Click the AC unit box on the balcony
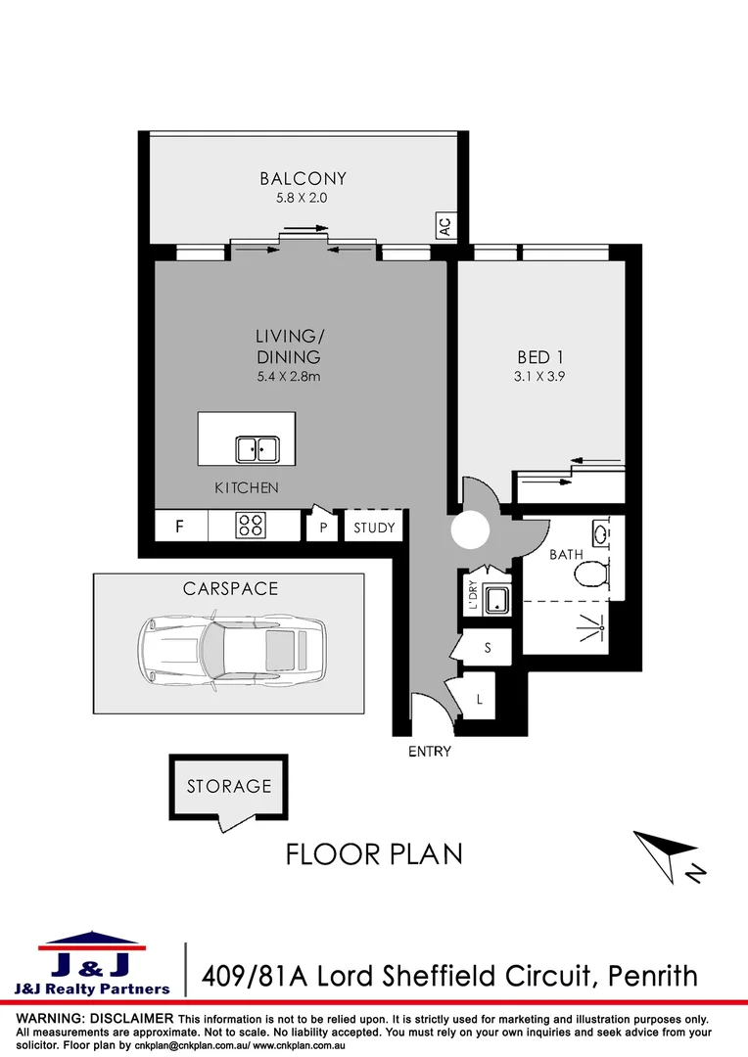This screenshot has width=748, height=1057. coord(444,226)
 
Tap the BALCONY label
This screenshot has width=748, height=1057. coord(303,178)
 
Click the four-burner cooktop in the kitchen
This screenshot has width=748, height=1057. coord(250,526)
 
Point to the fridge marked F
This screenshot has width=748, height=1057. coord(180,527)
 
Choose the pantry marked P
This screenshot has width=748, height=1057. coord(322,527)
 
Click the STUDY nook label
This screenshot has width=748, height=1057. coord(374,528)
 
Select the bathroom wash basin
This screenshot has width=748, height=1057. coord(600,534)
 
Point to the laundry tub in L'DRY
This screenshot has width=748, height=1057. coord(494,599)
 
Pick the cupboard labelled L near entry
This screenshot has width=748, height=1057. coord(479,699)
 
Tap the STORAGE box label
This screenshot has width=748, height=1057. coord(229,786)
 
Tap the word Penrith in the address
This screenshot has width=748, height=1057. coord(653,976)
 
